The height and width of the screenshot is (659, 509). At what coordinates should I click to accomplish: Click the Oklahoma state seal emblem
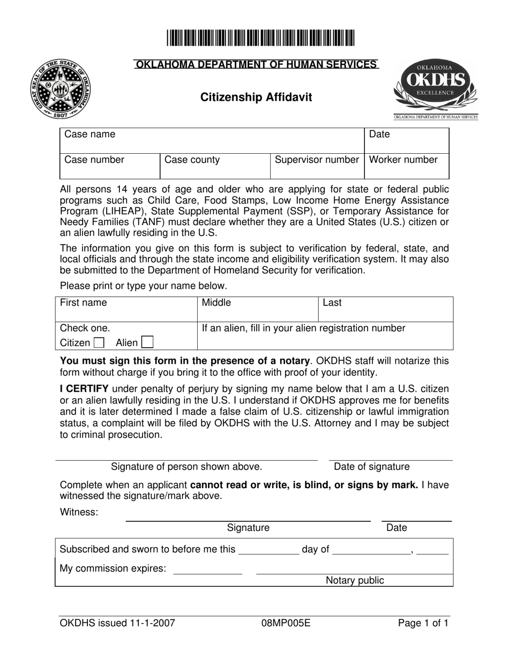[61, 88]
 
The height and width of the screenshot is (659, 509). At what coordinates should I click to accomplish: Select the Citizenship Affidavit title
[256, 97]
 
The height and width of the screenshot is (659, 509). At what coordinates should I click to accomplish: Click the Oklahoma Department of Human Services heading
[256, 65]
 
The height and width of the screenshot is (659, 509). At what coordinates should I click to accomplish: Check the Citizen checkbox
[99, 342]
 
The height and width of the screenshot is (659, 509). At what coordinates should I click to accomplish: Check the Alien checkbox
[147, 342]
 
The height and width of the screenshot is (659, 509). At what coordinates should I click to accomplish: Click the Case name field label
[89, 134]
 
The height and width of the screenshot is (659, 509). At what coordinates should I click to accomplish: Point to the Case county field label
[192, 160]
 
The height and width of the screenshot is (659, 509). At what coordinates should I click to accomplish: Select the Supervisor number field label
[316, 160]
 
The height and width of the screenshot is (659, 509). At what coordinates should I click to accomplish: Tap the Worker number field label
[403, 160]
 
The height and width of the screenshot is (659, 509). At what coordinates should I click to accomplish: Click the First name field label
[83, 303]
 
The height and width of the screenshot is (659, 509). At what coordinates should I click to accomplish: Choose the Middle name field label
[216, 303]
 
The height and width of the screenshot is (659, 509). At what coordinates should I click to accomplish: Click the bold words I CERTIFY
[84, 388]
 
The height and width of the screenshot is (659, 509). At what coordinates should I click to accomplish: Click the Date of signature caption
[371, 467]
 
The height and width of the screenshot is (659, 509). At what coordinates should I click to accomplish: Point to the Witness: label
[79, 512]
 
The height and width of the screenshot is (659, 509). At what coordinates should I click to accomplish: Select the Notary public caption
[355, 580]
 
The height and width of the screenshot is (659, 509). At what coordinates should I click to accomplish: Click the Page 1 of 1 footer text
[423, 623]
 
